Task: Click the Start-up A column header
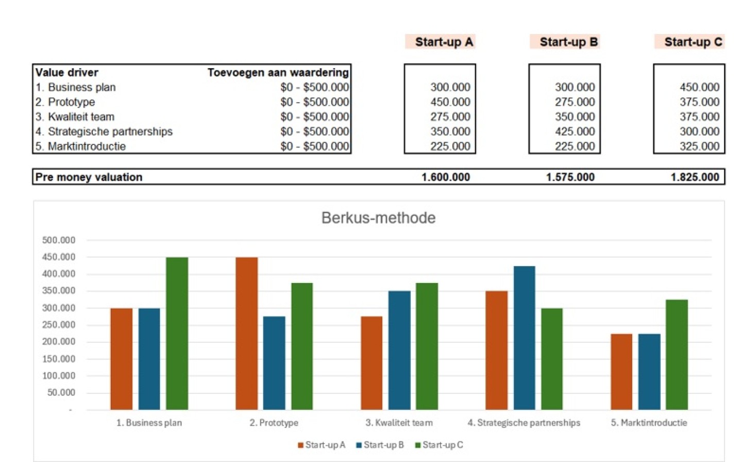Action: point(444,42)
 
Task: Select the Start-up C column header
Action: point(693,42)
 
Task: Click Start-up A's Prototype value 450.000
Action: point(450,102)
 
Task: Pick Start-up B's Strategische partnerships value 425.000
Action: point(575,131)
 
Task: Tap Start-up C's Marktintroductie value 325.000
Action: point(699,146)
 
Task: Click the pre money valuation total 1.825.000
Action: point(694,177)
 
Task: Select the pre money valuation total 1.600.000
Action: point(445,177)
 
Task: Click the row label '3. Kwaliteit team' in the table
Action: point(75,117)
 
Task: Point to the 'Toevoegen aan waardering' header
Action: point(278,73)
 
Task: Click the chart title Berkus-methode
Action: point(378,218)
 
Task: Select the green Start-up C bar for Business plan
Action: point(177,333)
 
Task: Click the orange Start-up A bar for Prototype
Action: point(247,333)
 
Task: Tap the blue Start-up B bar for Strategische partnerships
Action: point(524,338)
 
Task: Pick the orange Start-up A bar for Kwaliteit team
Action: point(372,363)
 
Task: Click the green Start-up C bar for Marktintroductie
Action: point(677,355)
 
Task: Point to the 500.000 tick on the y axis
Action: point(59,240)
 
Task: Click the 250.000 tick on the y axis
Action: point(59,325)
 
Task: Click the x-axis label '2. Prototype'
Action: point(274,423)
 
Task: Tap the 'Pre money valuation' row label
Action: point(89,177)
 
